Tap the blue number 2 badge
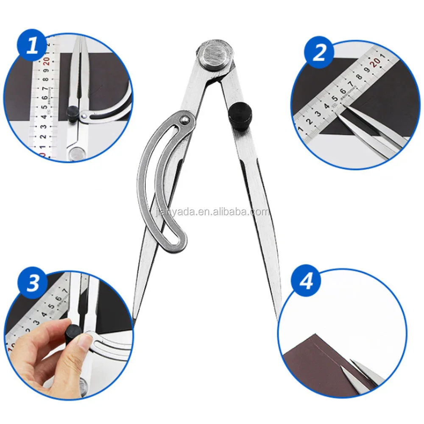[319, 53]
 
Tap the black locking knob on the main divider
[240, 117]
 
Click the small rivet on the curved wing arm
[185, 120]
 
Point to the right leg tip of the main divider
[278, 318]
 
